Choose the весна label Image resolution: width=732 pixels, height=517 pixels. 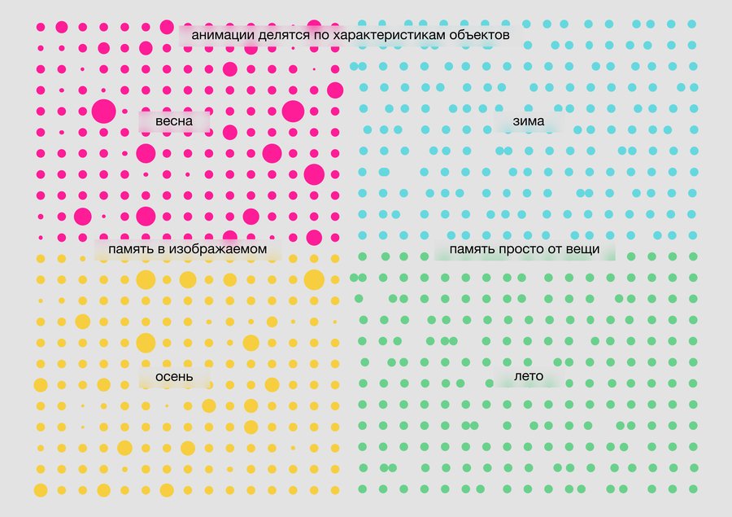pos(173,122)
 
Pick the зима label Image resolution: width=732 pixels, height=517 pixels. pos(529,122)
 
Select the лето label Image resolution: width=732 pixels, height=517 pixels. pos(529,377)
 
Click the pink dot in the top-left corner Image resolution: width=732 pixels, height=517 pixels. pos(40,27)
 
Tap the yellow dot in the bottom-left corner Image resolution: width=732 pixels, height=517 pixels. pos(40,490)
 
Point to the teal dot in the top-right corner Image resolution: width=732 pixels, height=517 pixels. pos(692,24)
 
